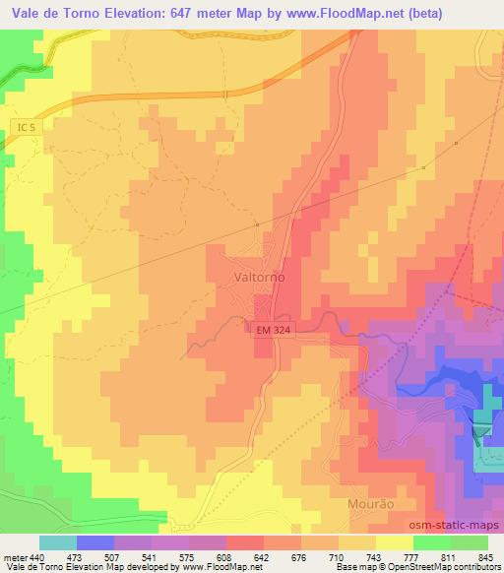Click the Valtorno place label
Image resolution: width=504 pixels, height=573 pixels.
(x=260, y=278)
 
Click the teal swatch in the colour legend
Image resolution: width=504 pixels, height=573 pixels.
(x=58, y=542)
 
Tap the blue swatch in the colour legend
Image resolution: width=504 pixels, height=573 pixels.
(x=95, y=542)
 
